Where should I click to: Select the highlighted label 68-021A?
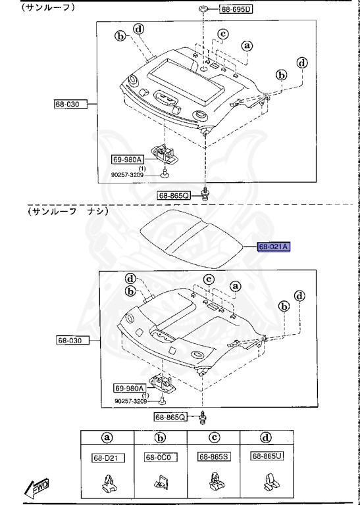tap(273, 247)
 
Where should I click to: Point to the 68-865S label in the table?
tap(213, 456)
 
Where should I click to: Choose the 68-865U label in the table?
tap(267, 456)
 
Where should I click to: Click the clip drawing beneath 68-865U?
tap(267, 485)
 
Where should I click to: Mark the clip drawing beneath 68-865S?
tap(213, 485)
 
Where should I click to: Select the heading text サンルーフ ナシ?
tap(66, 212)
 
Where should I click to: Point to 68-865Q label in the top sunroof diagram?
tap(174, 195)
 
